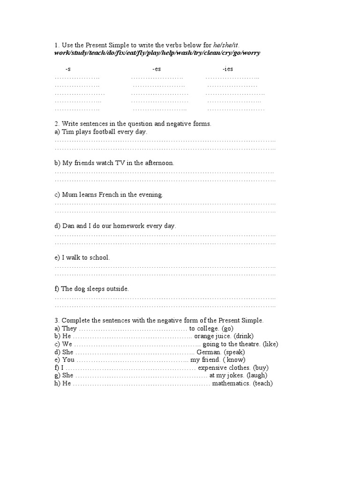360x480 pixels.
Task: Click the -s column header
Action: click(x=68, y=69)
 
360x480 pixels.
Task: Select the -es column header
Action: click(x=157, y=69)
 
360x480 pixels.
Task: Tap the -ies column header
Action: click(x=228, y=69)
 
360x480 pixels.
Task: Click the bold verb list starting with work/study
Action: click(x=157, y=53)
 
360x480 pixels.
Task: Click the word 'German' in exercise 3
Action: click(x=209, y=352)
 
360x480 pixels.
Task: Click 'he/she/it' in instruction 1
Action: click(x=226, y=45)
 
